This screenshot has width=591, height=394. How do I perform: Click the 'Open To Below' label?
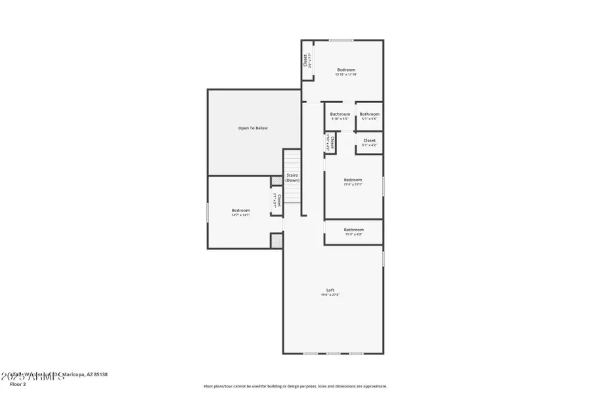pyautogui.click(x=253, y=128)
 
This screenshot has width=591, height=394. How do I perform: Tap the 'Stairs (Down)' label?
pyautogui.click(x=292, y=177)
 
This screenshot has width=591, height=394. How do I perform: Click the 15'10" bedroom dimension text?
pyautogui.click(x=346, y=75)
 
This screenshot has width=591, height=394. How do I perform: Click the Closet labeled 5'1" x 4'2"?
pyautogui.click(x=369, y=142)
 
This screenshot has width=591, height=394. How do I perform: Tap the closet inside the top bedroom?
pyautogui.click(x=307, y=60)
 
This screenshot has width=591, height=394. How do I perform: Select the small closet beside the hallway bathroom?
pyautogui.click(x=332, y=142)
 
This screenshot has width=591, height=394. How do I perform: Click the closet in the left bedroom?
pyautogui.click(x=278, y=200)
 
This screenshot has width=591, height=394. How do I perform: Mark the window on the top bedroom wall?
pyautogui.click(x=341, y=41)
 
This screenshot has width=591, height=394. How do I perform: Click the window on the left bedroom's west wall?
pyautogui.click(x=208, y=211)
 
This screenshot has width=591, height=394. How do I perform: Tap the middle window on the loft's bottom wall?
pyautogui.click(x=334, y=353)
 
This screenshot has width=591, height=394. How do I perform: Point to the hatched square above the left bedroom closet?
pyautogui.click(x=277, y=181)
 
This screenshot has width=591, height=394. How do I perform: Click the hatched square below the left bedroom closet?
pyautogui.click(x=277, y=241)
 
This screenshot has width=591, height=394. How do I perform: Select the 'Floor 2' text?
pyautogui.click(x=18, y=384)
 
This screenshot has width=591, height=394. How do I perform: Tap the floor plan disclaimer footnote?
pyautogui.click(x=295, y=386)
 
